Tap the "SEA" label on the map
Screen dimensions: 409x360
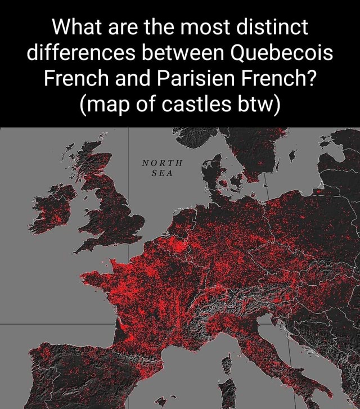[x=163, y=173]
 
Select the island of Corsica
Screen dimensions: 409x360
[x=228, y=366]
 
